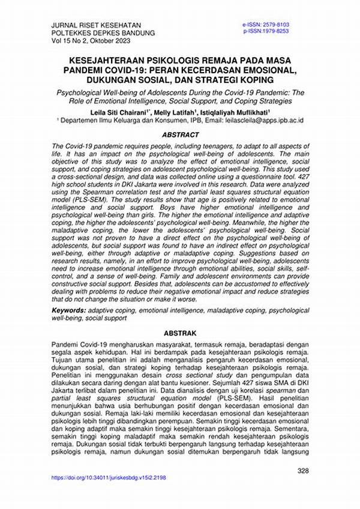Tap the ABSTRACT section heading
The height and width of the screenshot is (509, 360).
pos(180,135)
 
